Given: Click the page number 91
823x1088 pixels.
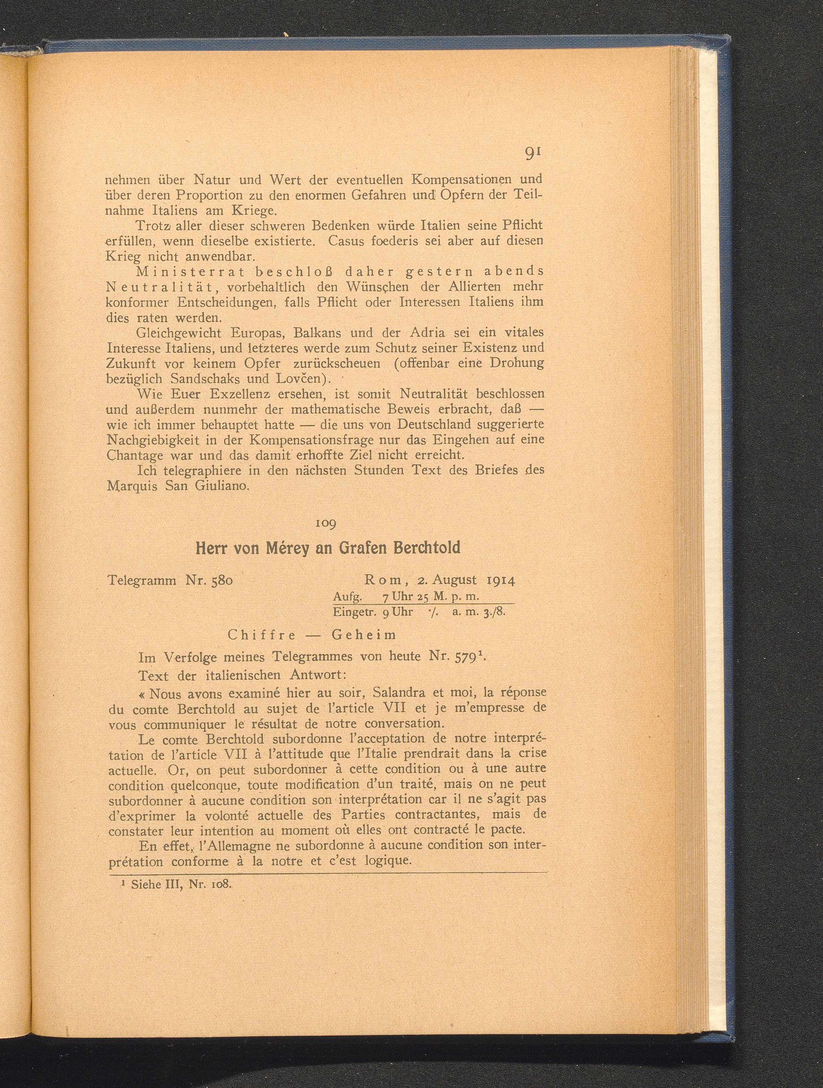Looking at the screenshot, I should coord(533,153).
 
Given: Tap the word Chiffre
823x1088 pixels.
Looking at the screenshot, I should coord(262,635).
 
